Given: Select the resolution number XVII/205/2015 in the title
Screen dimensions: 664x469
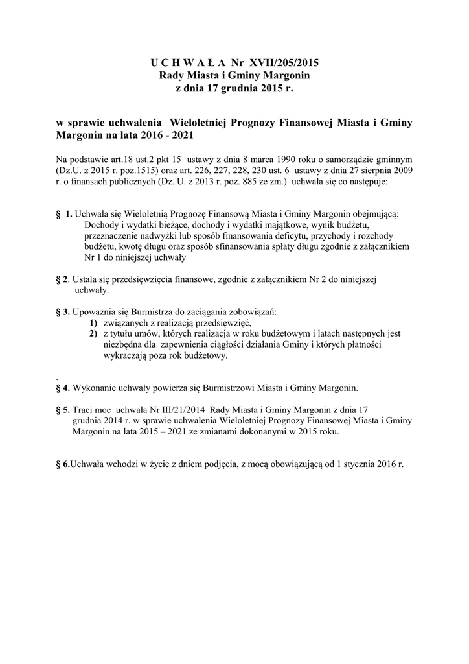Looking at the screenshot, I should pyautogui.click(x=282, y=63).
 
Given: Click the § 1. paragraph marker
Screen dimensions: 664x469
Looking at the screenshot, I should pyautogui.click(x=64, y=213).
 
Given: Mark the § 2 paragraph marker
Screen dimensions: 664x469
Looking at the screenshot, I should pyautogui.click(x=62, y=279).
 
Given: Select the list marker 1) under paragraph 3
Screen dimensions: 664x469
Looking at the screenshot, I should pyautogui.click(x=93, y=322).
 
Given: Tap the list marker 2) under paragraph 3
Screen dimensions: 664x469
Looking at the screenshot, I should pyautogui.click(x=93, y=333).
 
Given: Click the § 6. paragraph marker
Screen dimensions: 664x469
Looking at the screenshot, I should pyautogui.click(x=63, y=464).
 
